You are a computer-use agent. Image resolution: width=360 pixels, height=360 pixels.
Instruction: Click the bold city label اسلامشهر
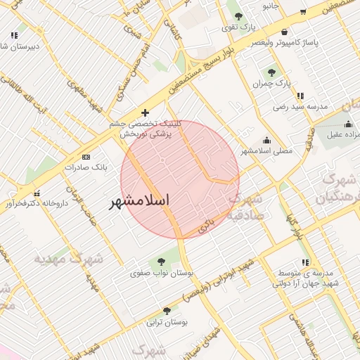(140, 201)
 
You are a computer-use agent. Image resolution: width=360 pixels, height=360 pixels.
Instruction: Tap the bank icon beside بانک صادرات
(86, 157)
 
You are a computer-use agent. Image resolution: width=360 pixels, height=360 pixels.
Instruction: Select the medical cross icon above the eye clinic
(145, 112)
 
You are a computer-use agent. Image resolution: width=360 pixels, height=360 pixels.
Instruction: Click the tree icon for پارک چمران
(271, 72)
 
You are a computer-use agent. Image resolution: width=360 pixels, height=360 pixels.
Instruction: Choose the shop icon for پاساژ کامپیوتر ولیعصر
(283, 32)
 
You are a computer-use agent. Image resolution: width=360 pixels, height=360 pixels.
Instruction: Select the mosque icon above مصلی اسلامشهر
(266, 140)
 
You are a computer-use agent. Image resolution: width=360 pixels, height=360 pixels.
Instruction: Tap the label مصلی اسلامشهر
(266, 151)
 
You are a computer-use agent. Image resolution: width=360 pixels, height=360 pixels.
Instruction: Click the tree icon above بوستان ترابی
(167, 311)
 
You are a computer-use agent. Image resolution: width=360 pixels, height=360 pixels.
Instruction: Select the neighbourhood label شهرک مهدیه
(68, 259)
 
